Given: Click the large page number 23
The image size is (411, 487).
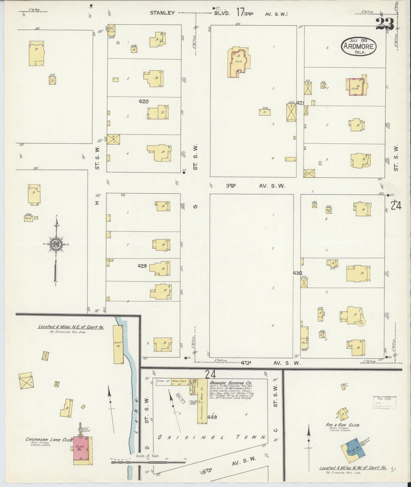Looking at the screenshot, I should coord(385,24).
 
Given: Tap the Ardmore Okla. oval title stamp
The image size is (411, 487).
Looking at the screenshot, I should coord(359,46).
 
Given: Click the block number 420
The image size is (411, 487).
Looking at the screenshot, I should coord(144,102).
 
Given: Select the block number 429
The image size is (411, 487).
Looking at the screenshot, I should coord(142,266).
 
